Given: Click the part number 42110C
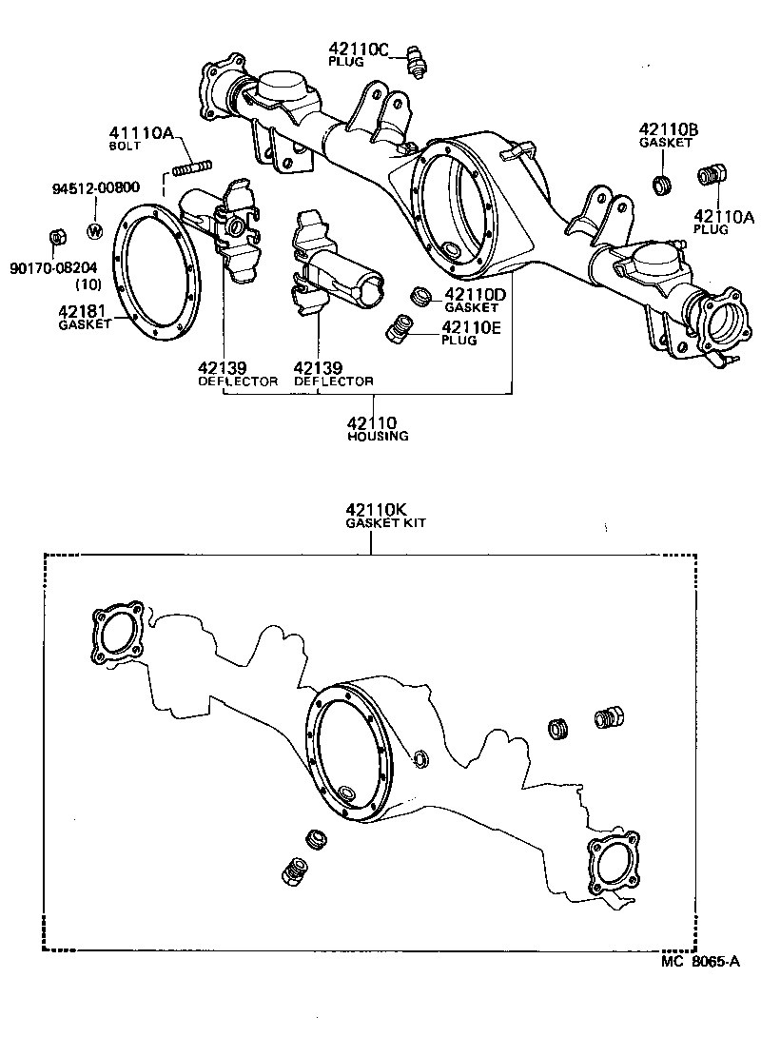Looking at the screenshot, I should (x=360, y=48).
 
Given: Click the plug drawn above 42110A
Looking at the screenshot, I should (x=710, y=176).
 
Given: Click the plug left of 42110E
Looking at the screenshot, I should (x=398, y=332).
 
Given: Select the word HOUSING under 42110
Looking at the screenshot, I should (x=377, y=436).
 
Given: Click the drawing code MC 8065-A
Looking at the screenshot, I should (x=699, y=962).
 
